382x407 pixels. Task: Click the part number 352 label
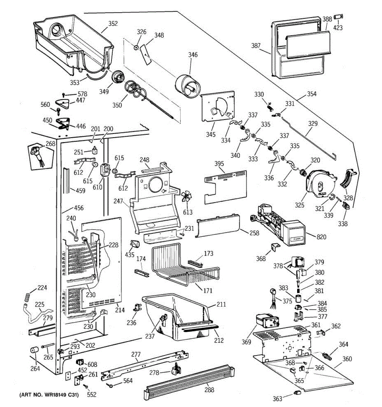click(113, 23)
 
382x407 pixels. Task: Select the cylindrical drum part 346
click(188, 86)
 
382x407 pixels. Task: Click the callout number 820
click(321, 236)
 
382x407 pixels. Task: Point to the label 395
click(219, 164)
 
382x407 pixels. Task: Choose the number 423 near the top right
click(338, 28)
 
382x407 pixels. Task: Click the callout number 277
click(135, 354)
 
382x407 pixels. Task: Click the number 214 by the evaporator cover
click(120, 310)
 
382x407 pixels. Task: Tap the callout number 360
click(347, 359)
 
